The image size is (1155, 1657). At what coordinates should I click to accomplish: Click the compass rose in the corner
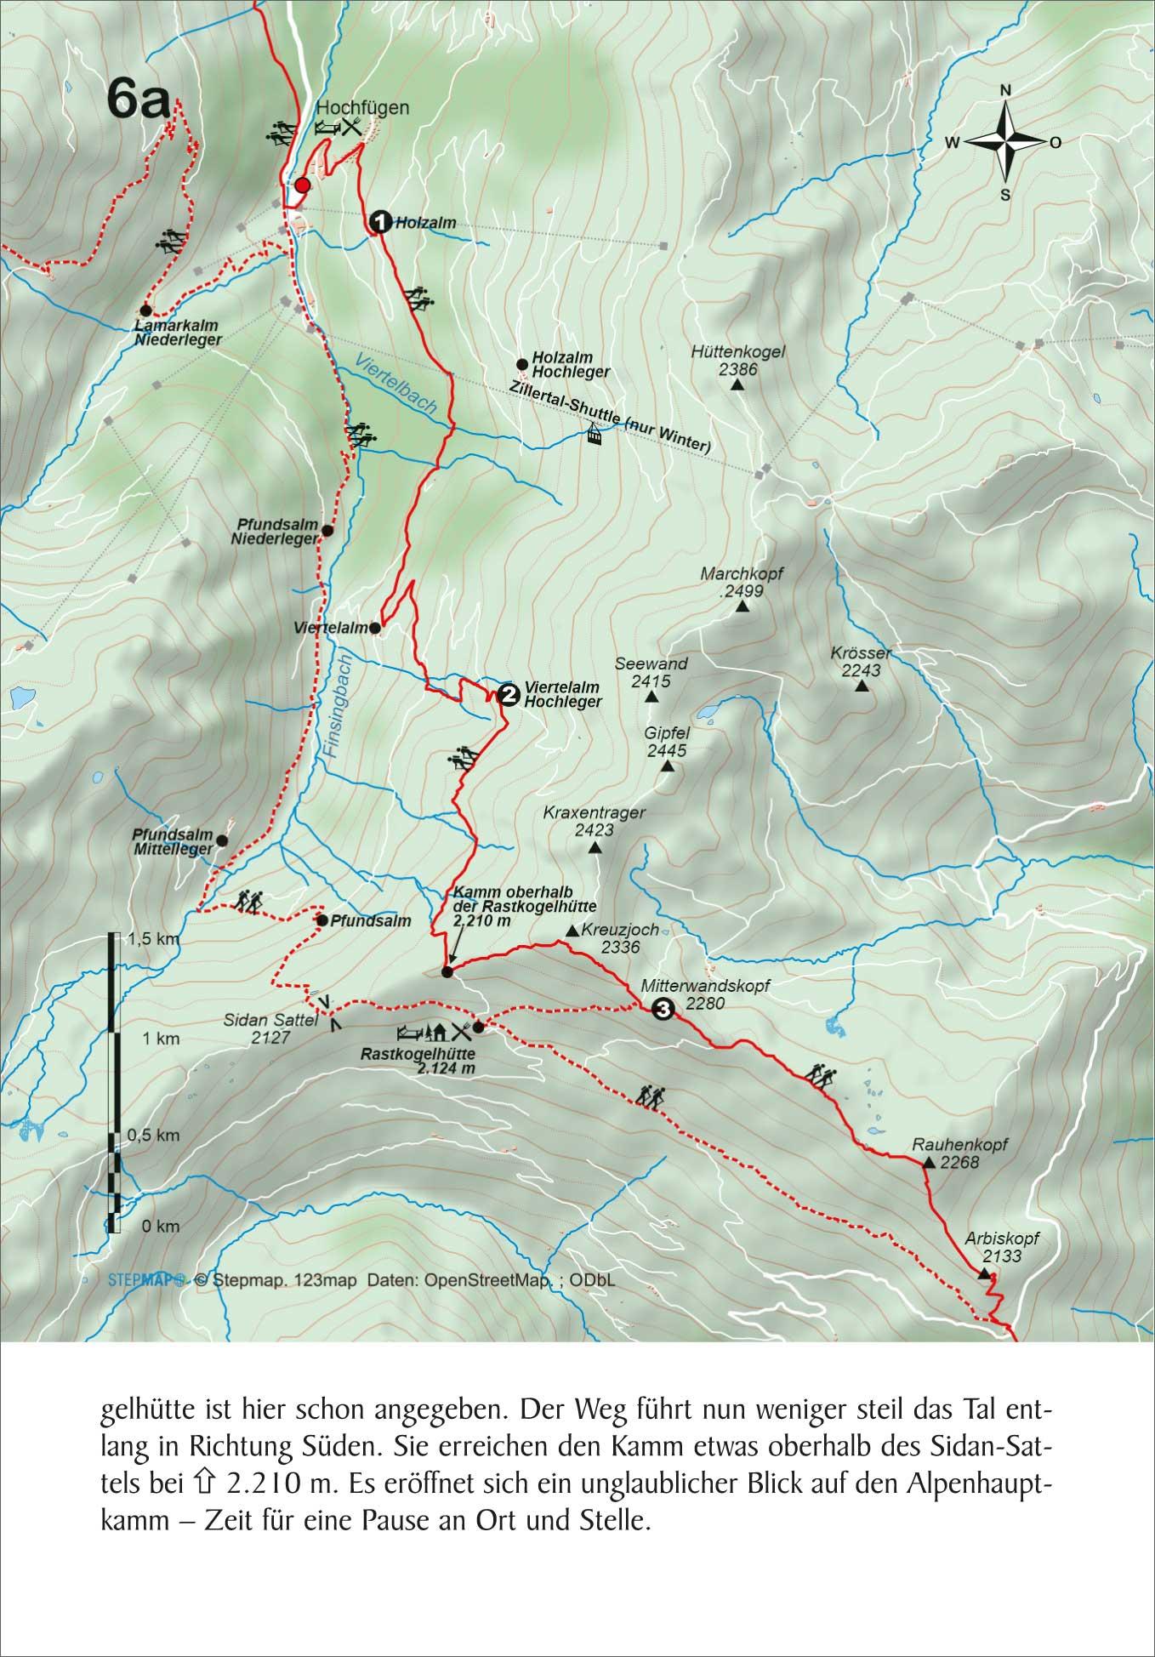coord(1004,142)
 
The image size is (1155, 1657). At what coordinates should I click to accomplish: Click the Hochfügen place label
coord(362,108)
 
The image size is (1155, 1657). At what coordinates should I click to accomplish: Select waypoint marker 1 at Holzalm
coord(379,222)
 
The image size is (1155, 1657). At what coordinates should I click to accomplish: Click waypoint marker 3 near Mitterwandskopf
coord(663,1010)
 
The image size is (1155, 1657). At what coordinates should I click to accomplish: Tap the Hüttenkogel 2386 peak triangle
coord(737,385)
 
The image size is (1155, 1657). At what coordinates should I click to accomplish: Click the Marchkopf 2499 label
coord(741,583)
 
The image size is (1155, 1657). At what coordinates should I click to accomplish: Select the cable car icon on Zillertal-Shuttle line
coord(592,436)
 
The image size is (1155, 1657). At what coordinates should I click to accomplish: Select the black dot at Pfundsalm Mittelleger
coord(222,840)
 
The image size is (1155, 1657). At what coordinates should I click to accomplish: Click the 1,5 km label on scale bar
coord(154,939)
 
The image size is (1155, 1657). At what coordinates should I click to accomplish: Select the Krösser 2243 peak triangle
coord(862,686)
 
